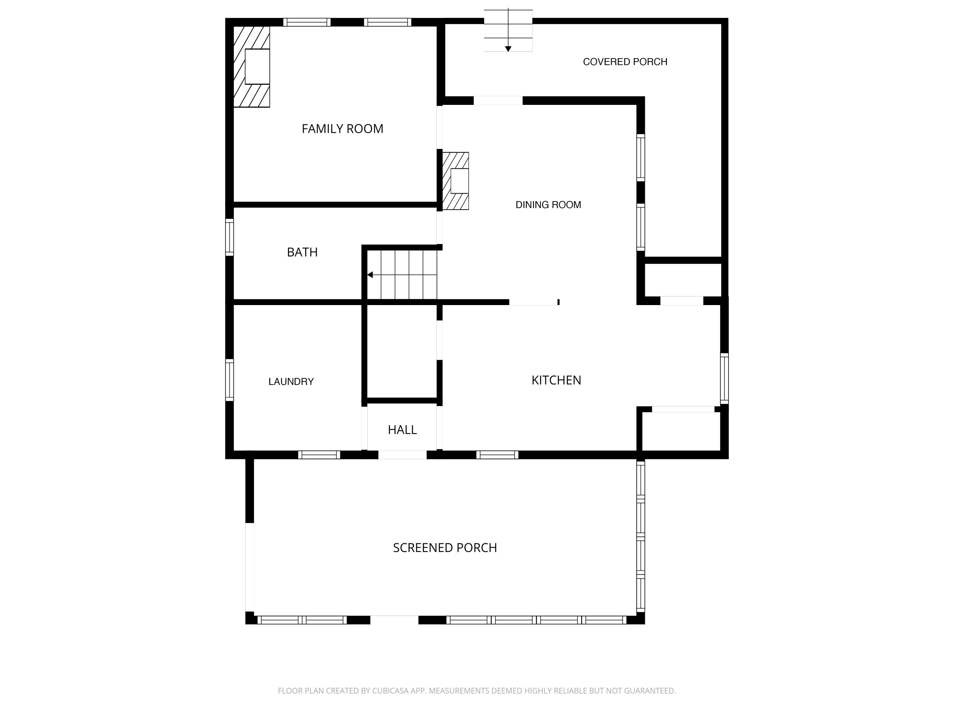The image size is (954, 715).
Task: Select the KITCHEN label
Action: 556,380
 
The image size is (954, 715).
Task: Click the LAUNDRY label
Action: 291,381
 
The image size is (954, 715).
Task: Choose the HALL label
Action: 402,430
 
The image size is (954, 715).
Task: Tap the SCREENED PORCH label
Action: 445,548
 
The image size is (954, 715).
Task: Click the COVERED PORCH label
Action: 625,62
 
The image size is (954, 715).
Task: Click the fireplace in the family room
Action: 257,66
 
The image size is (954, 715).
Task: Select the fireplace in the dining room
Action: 459,181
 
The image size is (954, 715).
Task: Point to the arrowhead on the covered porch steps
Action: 508,49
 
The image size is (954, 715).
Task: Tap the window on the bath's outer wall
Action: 230,237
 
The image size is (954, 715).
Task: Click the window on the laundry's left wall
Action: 230,380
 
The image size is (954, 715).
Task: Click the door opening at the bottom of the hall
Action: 402,455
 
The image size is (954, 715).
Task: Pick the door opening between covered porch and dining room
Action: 498,100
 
